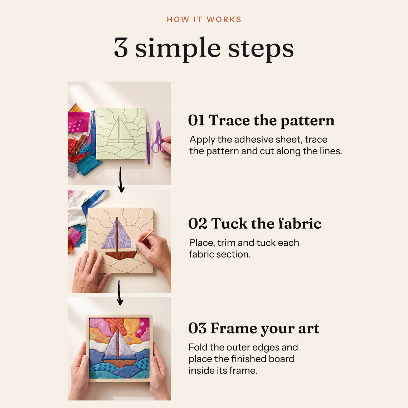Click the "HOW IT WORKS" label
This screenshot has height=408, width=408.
click(204, 20)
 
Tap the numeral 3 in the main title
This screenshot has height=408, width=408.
click(121, 47)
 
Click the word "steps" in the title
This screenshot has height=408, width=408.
click(261, 49)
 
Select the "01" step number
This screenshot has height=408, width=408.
click(196, 120)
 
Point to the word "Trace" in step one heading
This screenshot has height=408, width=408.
click(229, 120)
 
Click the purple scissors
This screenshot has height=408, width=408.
click(157, 137)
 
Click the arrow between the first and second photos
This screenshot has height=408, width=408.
click(121, 180)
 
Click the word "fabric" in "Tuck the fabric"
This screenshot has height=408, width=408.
click(300, 223)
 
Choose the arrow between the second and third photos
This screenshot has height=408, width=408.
click(120, 292)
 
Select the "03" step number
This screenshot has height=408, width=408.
click(198, 328)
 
